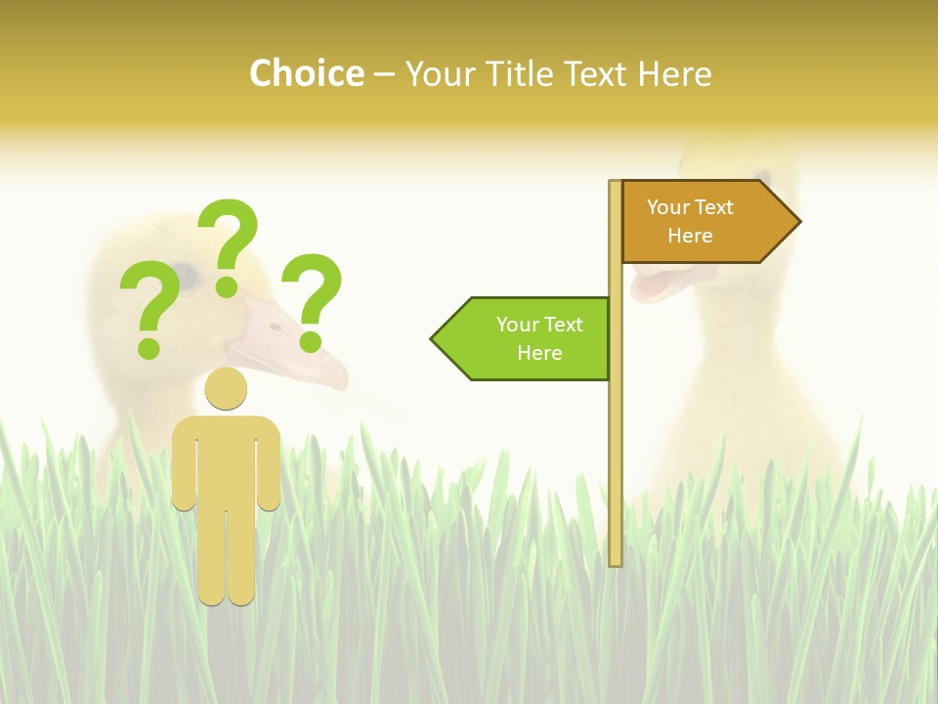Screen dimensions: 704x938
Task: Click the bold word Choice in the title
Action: (x=306, y=73)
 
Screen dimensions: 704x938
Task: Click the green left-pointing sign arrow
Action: (x=523, y=338)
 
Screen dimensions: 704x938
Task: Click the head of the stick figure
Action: (x=226, y=389)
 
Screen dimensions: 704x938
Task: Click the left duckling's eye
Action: (x=186, y=277)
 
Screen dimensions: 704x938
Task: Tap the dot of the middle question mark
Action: (x=227, y=286)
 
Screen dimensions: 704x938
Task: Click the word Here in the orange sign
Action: (x=690, y=236)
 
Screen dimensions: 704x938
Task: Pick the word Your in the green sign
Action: (x=516, y=325)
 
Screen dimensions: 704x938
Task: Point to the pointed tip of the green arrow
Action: (x=434, y=338)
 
